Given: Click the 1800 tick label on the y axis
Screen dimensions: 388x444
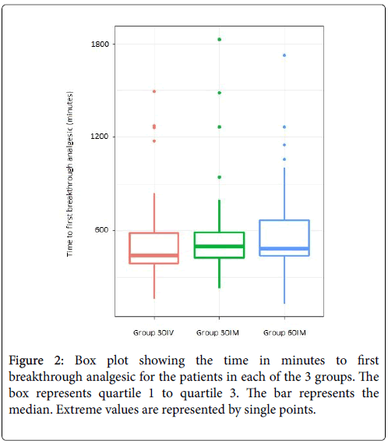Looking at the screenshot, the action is tap(100, 44).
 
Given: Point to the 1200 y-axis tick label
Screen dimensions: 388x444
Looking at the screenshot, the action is tap(100, 137).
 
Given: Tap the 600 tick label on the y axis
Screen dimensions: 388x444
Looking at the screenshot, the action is tap(102, 229).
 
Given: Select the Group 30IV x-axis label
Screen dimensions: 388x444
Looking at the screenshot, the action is tap(153, 332).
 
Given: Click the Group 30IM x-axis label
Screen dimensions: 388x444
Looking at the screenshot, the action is tap(217, 332).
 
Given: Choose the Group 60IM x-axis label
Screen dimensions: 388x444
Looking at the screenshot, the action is tap(285, 332).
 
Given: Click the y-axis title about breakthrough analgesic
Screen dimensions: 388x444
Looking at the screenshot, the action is tap(70, 173).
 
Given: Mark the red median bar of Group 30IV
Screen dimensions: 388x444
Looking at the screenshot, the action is tap(154, 255).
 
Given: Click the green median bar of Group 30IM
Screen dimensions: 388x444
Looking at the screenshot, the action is tap(219, 247).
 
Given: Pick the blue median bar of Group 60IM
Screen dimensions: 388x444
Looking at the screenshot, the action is tap(284, 249).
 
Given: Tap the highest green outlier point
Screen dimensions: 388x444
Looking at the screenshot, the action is tap(220, 39).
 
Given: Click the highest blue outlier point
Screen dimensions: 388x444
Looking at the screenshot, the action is tap(284, 55).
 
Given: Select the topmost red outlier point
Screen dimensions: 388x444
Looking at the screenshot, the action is tap(154, 91).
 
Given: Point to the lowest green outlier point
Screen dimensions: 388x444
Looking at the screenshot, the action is tap(220, 177).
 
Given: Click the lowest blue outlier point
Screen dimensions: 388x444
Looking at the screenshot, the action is tap(284, 159).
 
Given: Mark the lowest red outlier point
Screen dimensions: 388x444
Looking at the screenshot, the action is tap(154, 141).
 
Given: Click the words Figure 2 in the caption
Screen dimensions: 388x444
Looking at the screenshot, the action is tap(36, 361).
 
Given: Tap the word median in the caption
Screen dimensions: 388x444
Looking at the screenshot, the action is tap(30, 410).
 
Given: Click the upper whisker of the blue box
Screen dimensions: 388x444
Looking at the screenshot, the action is tap(284, 194).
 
